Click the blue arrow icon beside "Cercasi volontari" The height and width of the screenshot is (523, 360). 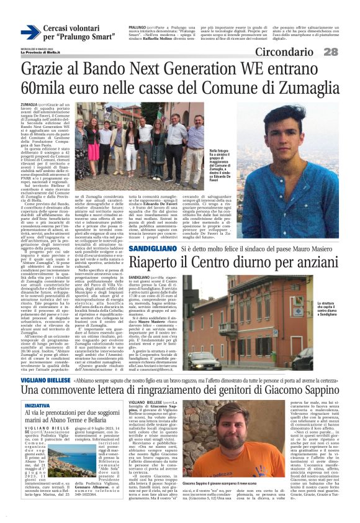[30, 33]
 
